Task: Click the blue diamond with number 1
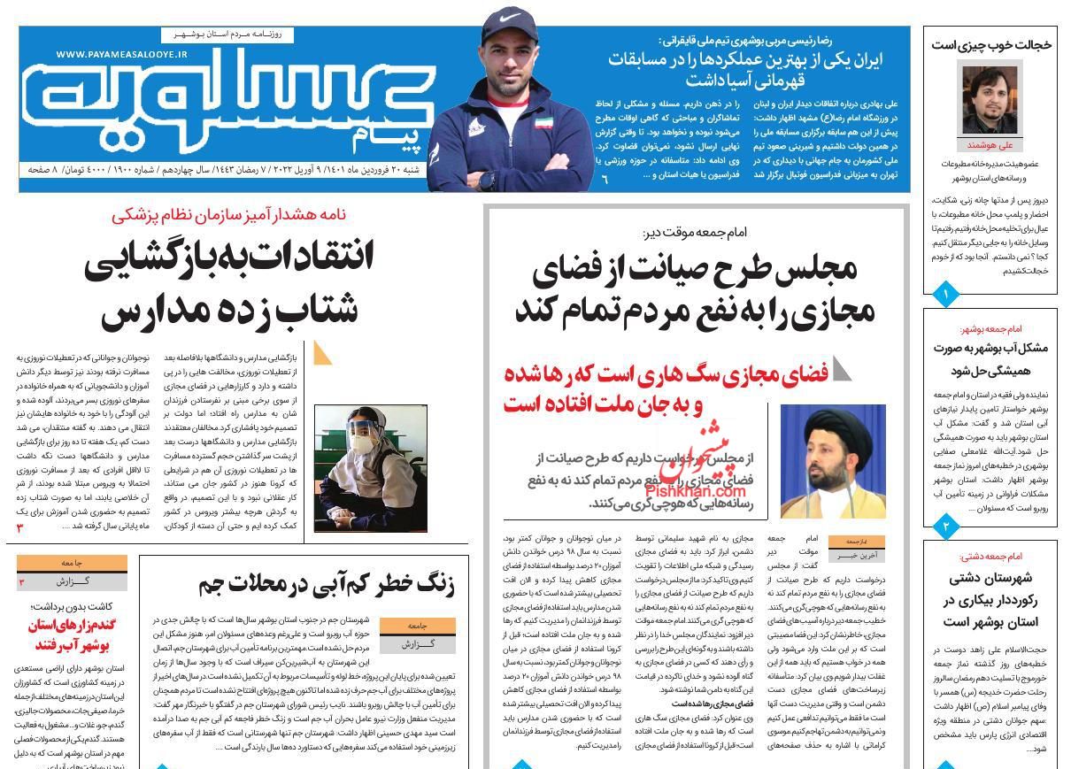click(946, 293)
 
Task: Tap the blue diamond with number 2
click(946, 527)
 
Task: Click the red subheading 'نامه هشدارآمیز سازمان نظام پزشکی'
click(228, 215)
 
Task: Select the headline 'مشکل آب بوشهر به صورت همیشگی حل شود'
click(990, 358)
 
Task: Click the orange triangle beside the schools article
click(322, 353)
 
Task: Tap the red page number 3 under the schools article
click(19, 528)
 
